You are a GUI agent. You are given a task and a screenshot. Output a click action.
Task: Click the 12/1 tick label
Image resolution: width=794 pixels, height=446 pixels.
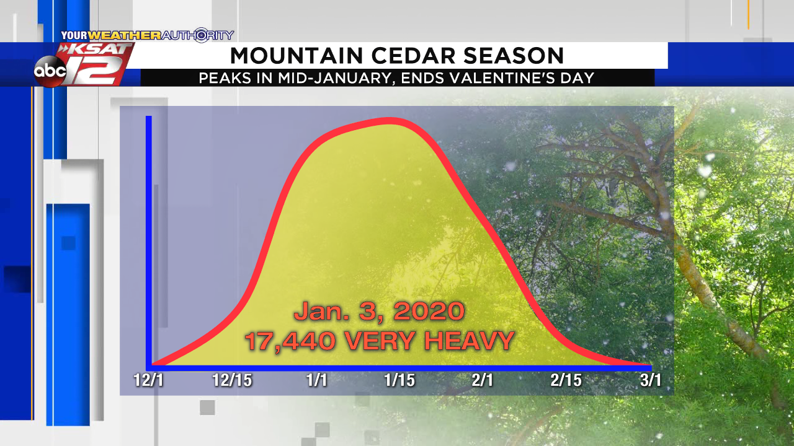(x=148, y=380)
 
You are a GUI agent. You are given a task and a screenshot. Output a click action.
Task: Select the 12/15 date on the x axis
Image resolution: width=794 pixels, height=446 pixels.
(x=232, y=380)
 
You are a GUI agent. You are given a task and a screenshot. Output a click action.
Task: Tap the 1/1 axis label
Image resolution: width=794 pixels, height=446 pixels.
(x=316, y=380)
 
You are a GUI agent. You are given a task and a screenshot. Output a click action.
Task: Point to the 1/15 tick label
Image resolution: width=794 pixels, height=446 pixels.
(x=399, y=380)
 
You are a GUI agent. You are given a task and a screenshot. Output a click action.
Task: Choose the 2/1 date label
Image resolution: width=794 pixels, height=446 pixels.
(x=483, y=380)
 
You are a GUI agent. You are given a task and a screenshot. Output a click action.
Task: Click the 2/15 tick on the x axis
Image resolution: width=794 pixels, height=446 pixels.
(x=566, y=380)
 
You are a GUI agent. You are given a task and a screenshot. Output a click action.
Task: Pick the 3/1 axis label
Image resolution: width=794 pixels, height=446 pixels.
(x=651, y=380)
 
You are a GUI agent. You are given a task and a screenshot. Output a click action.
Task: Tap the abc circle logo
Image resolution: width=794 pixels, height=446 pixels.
(x=50, y=71)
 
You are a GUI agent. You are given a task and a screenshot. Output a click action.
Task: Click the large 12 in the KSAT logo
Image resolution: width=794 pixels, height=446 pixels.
(x=94, y=70)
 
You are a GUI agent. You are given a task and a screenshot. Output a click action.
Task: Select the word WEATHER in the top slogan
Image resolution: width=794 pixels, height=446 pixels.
(x=125, y=35)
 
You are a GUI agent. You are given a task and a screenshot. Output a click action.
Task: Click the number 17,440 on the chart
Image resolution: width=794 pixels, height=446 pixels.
(x=290, y=341)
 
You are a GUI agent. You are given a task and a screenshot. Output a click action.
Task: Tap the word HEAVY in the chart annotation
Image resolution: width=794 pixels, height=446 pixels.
(x=470, y=341)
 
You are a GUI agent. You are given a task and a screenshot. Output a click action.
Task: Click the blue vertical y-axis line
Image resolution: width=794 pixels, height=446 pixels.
(x=149, y=241)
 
